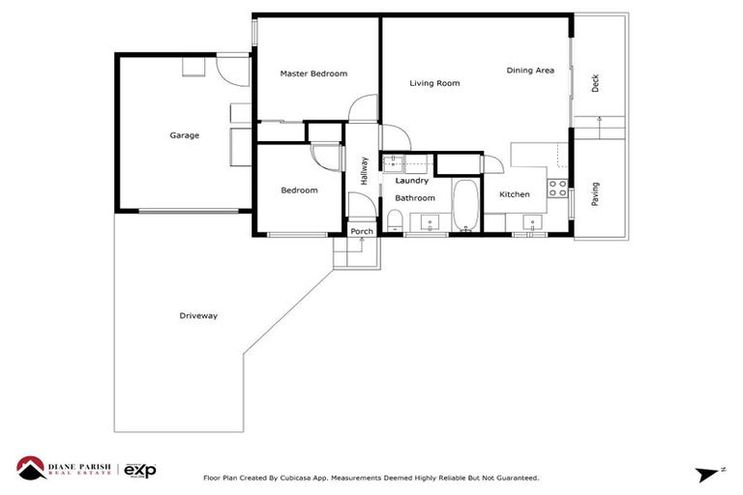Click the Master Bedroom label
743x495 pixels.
click(313, 73)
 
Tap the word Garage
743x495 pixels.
click(184, 135)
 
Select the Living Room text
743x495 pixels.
click(434, 83)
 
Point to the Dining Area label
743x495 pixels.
click(530, 71)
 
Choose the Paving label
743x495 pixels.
click(595, 193)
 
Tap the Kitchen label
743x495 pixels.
click(514, 194)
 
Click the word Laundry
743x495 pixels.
click(411, 181)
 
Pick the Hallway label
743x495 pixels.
click(365, 171)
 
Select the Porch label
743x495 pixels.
click(362, 231)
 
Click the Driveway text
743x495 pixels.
click(198, 316)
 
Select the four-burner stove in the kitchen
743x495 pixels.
click(558, 188)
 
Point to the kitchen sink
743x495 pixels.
click(531, 224)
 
